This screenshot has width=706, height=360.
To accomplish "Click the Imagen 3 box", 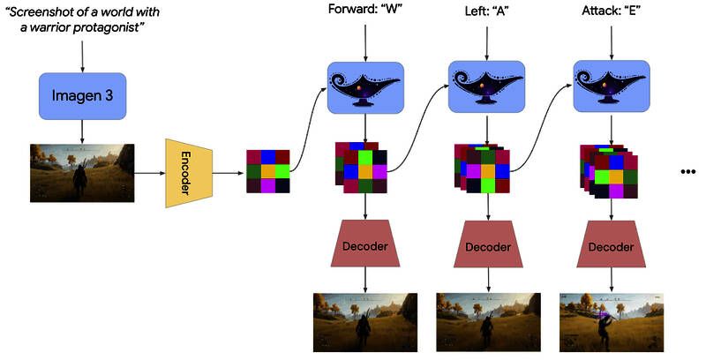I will (81, 95).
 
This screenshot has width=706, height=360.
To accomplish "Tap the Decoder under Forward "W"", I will (364, 244).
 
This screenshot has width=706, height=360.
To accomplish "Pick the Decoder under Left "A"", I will (488, 244).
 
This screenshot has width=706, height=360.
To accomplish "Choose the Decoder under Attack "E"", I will (612, 244).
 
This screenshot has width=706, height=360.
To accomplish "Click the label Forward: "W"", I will (364, 11).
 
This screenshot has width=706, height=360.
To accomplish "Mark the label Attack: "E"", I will (611, 11).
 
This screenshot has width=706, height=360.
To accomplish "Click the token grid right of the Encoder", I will (267, 170).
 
